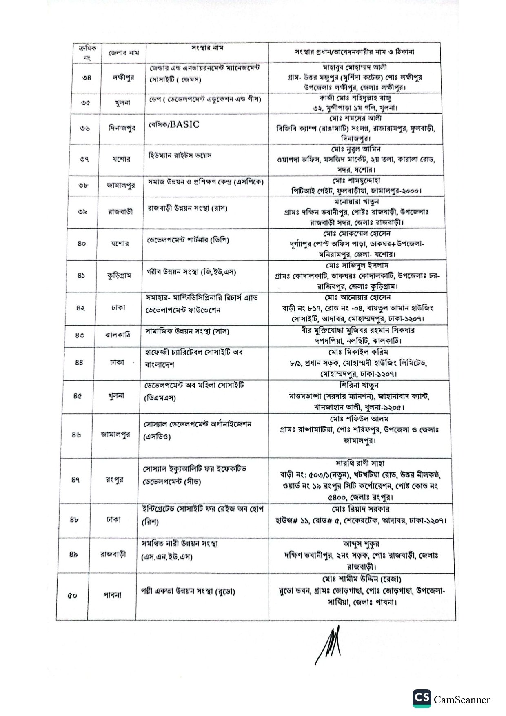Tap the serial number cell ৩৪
click(x=87, y=78)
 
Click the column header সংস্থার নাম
click(x=207, y=48)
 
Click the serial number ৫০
click(x=72, y=596)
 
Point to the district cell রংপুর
click(x=114, y=479)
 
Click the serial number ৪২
click(x=80, y=308)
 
